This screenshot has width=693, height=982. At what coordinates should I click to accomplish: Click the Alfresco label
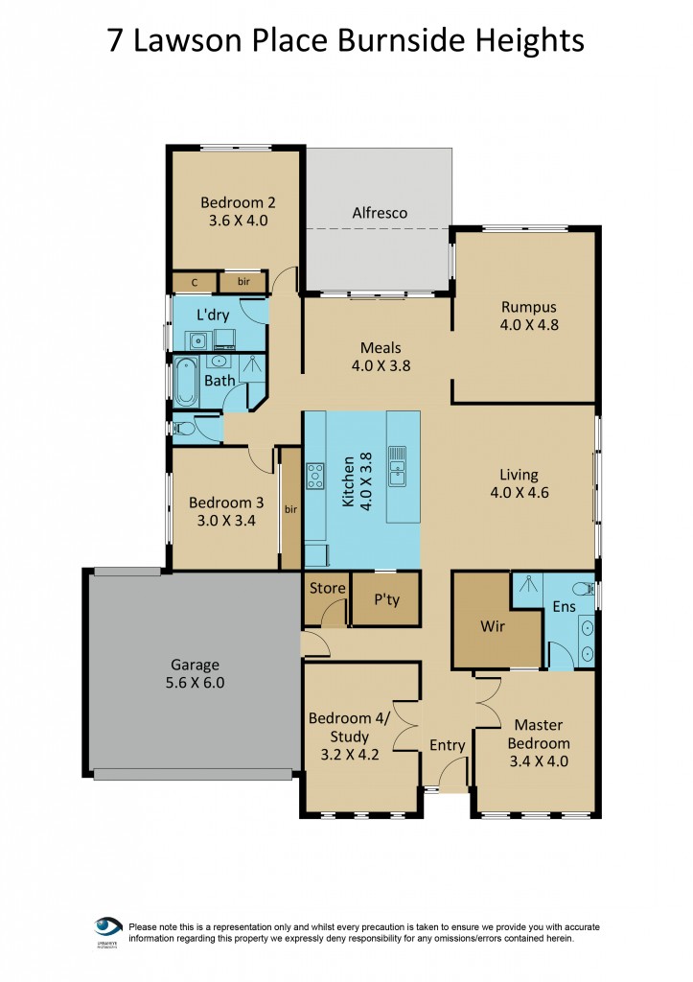point(380,212)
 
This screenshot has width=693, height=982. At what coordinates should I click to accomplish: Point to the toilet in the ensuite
point(581,588)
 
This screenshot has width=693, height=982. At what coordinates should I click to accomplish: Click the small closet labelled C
point(195,282)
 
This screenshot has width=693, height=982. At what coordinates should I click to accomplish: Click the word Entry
point(447,745)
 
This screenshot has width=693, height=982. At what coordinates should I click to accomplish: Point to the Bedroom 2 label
point(238,202)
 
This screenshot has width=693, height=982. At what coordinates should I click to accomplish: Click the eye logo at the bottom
point(107,928)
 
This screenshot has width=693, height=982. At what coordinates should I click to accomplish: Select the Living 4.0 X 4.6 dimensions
point(519,494)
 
